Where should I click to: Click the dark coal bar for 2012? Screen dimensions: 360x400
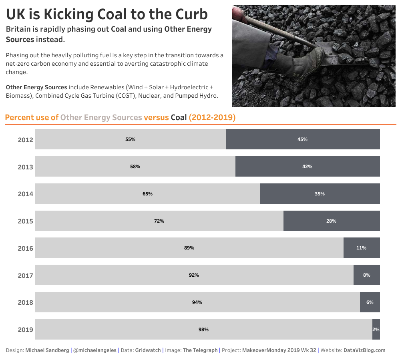[x=303, y=139]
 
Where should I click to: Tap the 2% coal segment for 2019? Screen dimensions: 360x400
[x=376, y=330]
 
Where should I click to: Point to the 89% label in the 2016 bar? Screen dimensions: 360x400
[x=189, y=248]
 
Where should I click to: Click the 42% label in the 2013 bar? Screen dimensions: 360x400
[x=307, y=167]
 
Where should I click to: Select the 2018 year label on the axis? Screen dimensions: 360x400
[x=25, y=302]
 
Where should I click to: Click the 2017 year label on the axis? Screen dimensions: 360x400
[x=25, y=276]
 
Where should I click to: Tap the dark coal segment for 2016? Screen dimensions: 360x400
[x=361, y=248]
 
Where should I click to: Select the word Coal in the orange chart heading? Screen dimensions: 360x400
[x=179, y=118]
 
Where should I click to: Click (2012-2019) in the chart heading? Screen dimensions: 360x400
[x=212, y=118]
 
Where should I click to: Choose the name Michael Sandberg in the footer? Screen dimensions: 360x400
[x=47, y=350]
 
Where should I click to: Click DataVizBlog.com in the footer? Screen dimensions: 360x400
[x=364, y=350]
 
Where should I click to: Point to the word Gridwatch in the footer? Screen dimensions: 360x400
[x=148, y=350]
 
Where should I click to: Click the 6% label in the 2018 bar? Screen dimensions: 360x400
[x=370, y=302]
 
